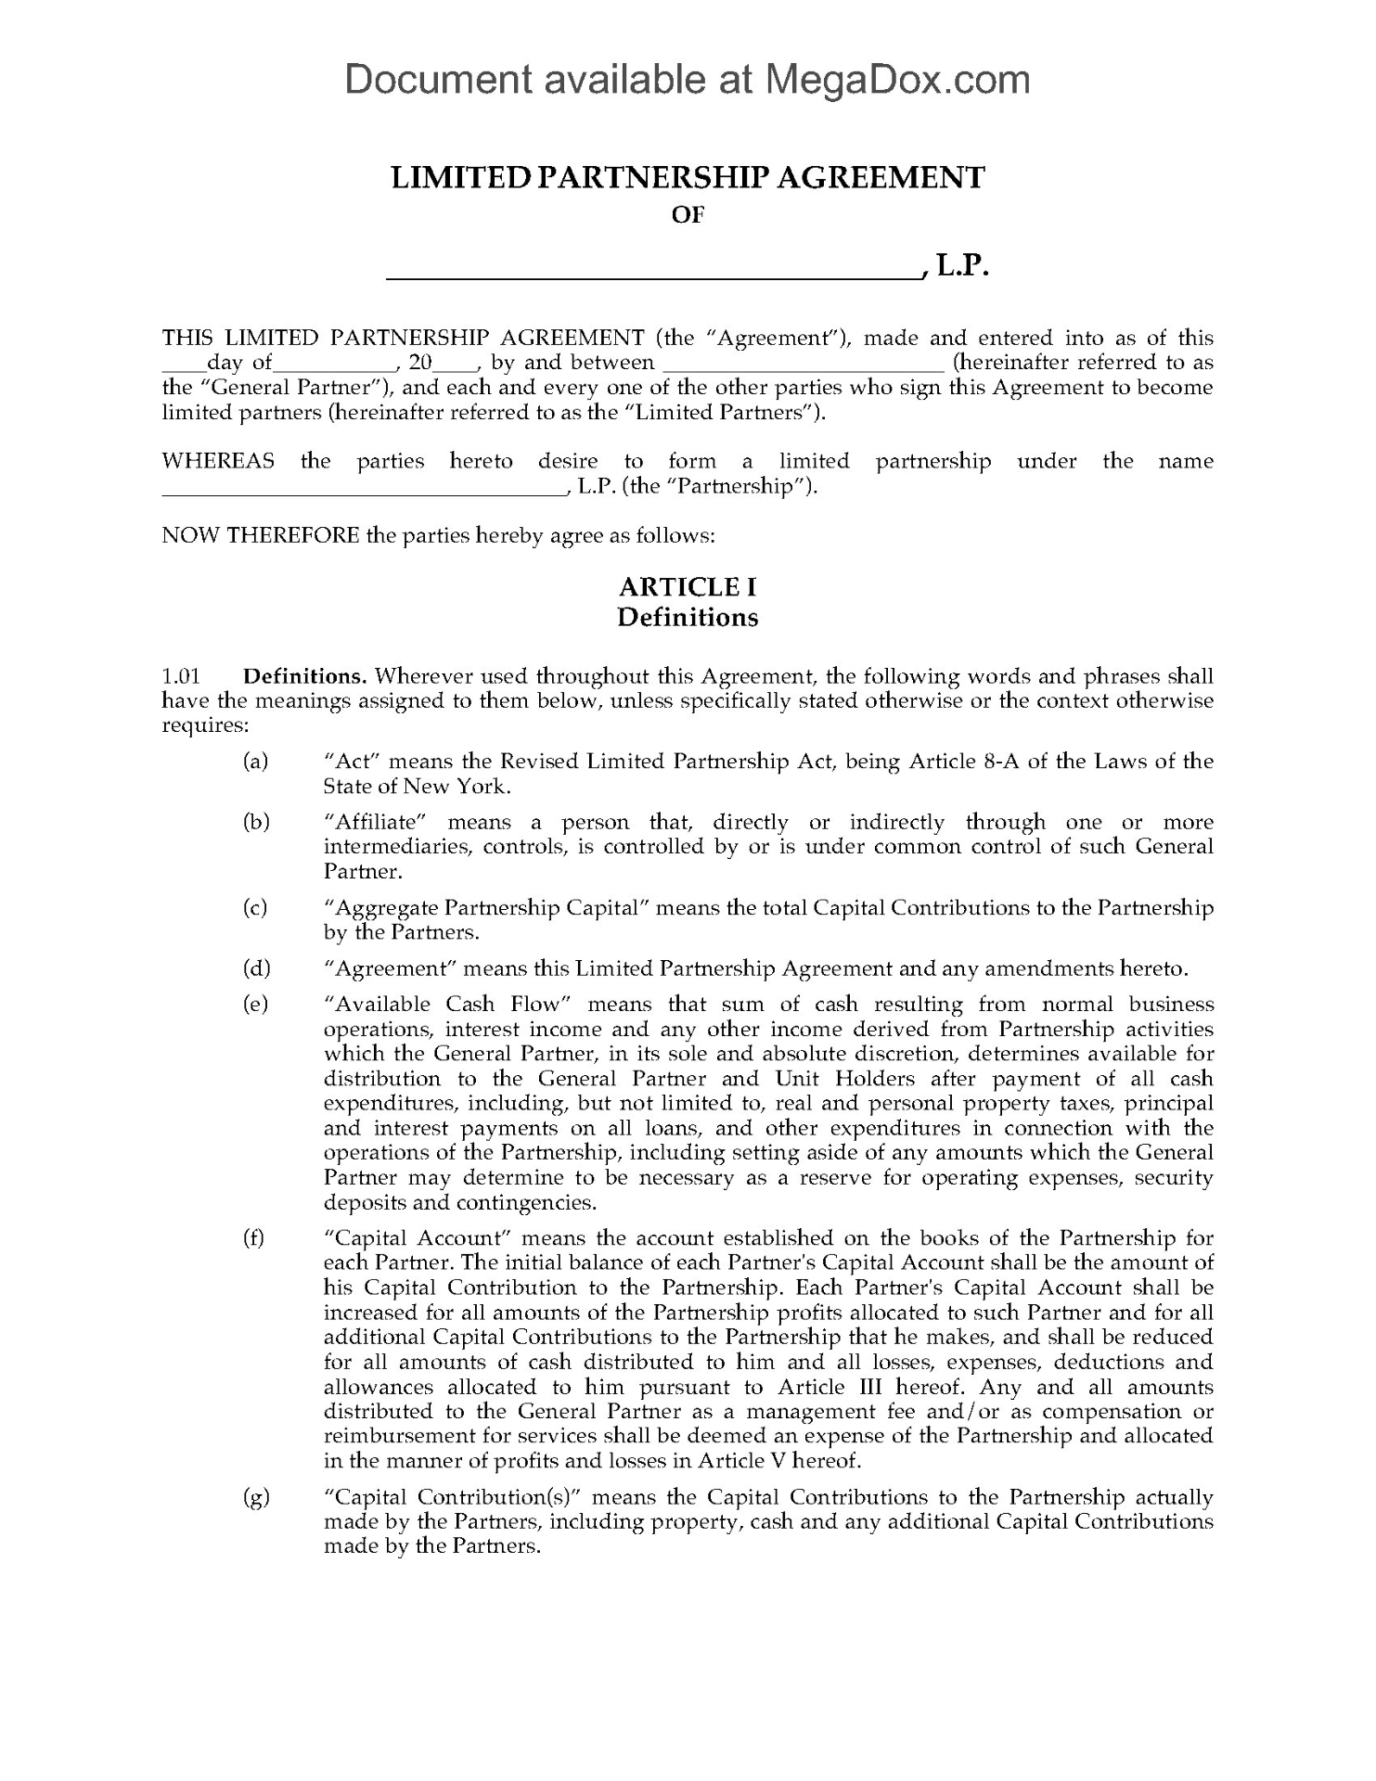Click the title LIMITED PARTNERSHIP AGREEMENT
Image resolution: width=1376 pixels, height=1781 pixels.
click(688, 176)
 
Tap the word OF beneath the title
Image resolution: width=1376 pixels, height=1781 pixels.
click(688, 214)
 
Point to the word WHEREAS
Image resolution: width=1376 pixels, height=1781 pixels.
click(219, 462)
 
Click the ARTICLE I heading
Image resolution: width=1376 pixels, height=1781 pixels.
click(688, 587)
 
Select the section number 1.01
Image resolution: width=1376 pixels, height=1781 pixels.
click(181, 676)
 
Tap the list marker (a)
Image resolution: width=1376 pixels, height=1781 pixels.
click(255, 762)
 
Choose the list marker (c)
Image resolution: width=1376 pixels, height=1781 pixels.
click(255, 908)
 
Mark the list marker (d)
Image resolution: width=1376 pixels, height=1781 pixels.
click(255, 969)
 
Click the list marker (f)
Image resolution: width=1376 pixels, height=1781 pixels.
click(253, 1238)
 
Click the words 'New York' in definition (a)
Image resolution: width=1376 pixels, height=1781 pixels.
click(468, 787)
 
